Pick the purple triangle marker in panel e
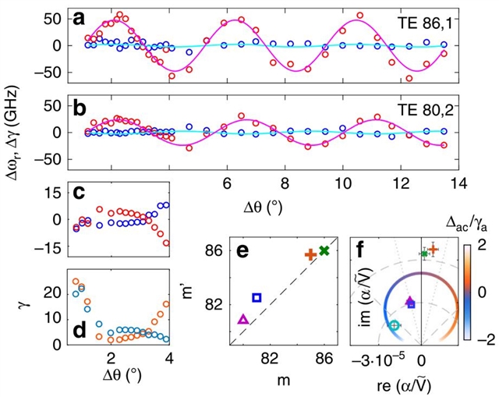[x=243, y=319]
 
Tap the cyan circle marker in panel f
[x=395, y=325]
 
